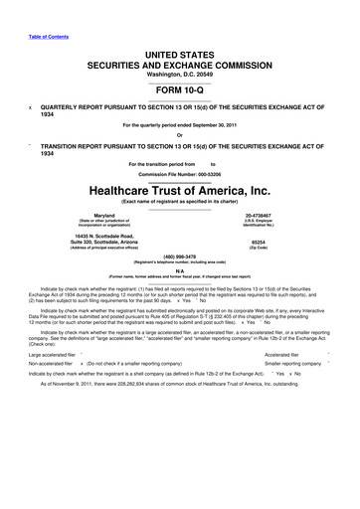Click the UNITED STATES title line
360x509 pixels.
179,37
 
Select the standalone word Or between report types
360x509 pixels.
179,137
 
